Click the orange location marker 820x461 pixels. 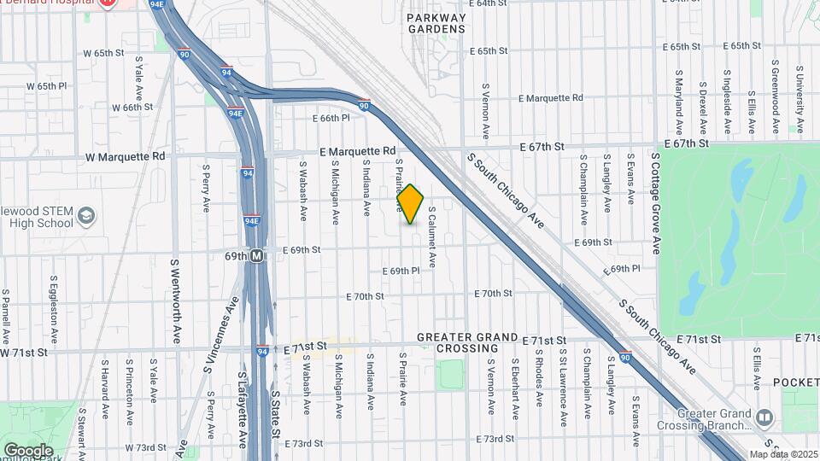click(410, 204)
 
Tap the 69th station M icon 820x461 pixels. click(256, 255)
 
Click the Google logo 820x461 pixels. click(28, 450)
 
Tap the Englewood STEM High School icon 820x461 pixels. click(86, 217)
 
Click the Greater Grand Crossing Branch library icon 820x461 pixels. click(764, 417)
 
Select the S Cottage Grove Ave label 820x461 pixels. click(656, 202)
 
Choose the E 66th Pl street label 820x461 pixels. click(332, 118)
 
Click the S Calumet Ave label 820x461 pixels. click(432, 236)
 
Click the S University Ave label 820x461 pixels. click(799, 99)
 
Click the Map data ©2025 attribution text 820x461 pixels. click(782, 454)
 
